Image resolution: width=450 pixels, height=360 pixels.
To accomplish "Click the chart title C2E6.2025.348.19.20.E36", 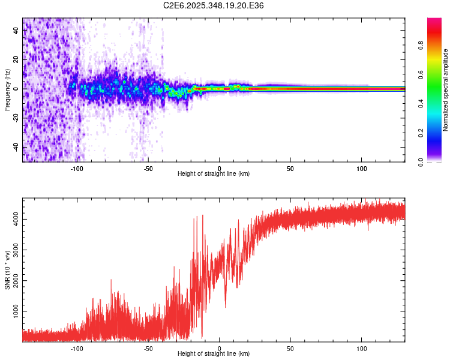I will (x=214, y=5).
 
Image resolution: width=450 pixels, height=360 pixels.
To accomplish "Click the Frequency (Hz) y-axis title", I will (x=7, y=90).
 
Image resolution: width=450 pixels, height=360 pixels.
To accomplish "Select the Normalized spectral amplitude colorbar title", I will (x=446, y=90).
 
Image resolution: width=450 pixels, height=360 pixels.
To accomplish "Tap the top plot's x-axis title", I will (x=214, y=174).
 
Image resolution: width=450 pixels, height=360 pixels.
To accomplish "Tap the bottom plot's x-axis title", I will (x=214, y=353).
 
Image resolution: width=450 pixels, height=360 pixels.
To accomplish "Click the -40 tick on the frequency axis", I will (x=16, y=147).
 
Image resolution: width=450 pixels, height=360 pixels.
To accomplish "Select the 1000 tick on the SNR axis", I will (x=16, y=311).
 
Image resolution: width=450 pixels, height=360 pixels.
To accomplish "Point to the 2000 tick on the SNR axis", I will (x=16, y=281).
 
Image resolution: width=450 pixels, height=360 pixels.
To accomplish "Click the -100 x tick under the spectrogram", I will (x=77, y=169).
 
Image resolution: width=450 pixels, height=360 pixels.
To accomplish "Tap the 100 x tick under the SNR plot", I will (x=362, y=348).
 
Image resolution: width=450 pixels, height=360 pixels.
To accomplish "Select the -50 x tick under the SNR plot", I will (x=148, y=348).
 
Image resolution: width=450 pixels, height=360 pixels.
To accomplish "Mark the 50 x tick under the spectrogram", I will (x=290, y=169).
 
